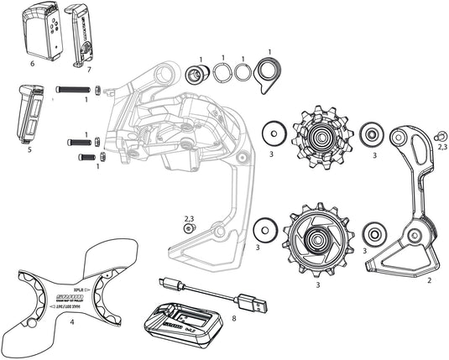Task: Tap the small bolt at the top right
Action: (436, 133)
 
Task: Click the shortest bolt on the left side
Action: (86, 156)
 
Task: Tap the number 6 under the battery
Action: (32, 63)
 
